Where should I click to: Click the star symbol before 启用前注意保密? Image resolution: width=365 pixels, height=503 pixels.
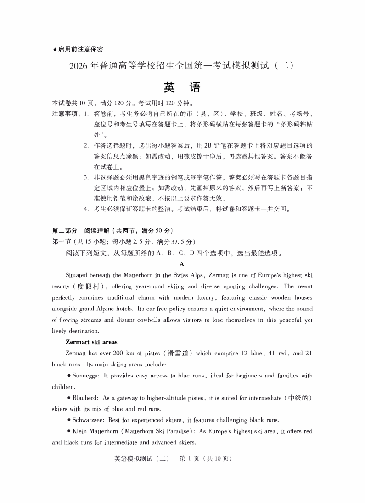click(x=55, y=49)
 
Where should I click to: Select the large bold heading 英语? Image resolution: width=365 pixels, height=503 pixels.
click(x=182, y=87)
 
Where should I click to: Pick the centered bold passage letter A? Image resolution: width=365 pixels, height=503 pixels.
click(x=182, y=264)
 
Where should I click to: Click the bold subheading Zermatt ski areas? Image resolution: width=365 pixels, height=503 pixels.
click(x=92, y=342)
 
